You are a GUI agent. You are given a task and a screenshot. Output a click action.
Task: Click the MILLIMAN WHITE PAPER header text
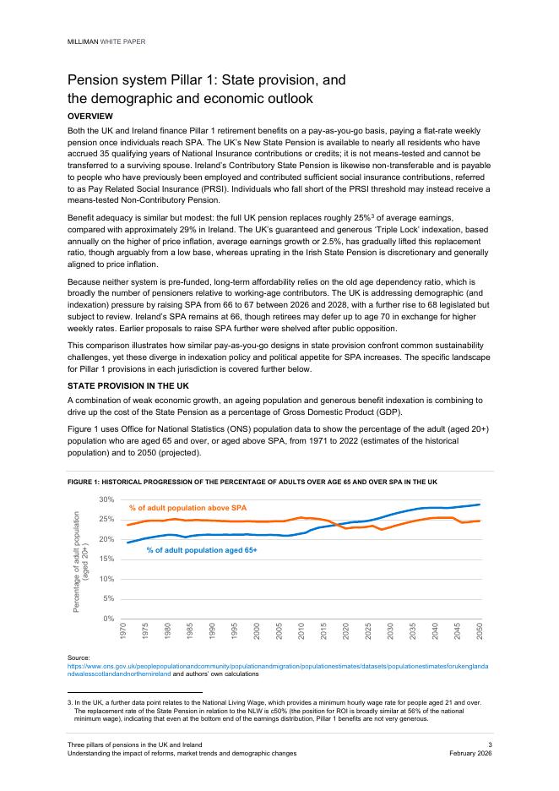(x=103, y=40)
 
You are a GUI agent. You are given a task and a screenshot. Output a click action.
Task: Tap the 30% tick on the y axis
(x=107, y=500)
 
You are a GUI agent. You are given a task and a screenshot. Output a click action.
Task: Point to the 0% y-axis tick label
(x=110, y=619)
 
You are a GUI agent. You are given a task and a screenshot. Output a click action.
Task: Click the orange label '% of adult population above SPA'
(x=187, y=508)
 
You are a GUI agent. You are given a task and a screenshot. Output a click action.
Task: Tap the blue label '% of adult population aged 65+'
(x=201, y=549)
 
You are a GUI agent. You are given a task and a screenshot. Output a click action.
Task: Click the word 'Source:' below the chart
(x=79, y=657)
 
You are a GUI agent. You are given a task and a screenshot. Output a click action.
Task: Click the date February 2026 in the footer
(x=470, y=753)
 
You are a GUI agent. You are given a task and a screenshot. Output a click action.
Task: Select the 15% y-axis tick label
(x=107, y=559)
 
